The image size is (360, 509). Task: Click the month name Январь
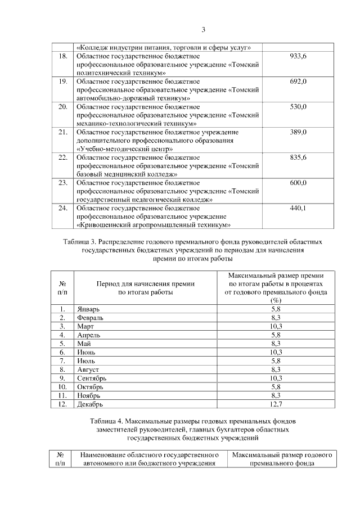(88, 309)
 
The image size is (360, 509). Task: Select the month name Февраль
(91, 318)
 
